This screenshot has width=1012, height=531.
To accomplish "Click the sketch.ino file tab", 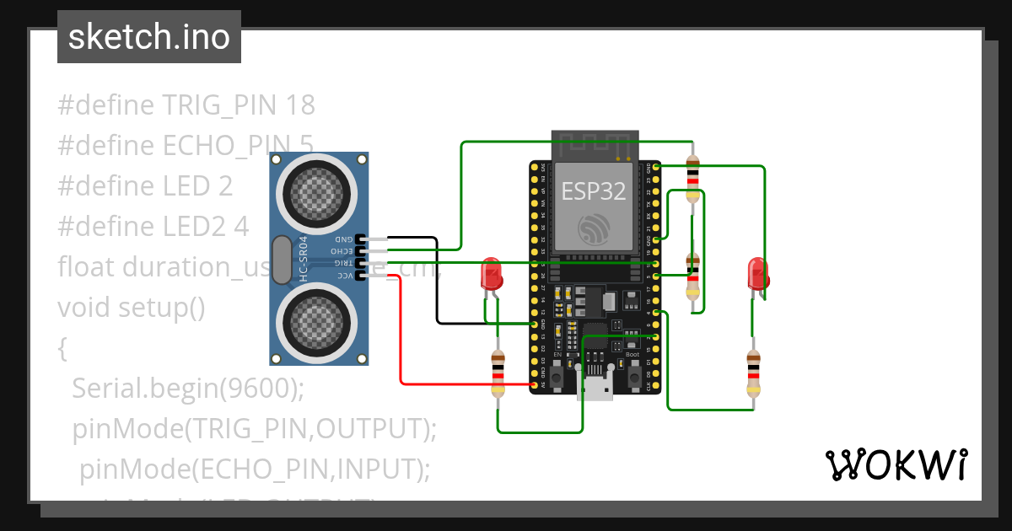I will coord(148,37).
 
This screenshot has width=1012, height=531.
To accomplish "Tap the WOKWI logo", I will coord(895,464).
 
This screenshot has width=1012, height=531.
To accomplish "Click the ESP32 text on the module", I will coord(594,191).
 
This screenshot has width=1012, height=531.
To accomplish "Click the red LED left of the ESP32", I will coord(490,275).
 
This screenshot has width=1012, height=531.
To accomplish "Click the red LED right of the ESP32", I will coord(757,274).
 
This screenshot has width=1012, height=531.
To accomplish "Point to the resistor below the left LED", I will coord(498,374).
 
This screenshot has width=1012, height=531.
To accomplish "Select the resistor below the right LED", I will coord(753,373).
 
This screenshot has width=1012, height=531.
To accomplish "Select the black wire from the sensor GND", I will coord(437,287).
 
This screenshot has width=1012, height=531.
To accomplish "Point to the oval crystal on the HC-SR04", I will coord(281,258).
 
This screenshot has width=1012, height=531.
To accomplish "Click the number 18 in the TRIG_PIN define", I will coord(300,105).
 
